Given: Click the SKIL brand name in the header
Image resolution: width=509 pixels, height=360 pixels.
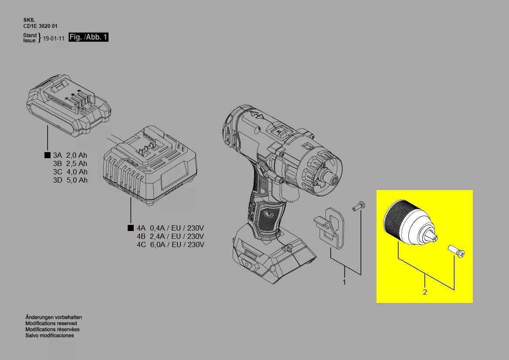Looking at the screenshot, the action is point(29,20).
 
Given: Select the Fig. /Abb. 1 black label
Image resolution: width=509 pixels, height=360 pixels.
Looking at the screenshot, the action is point(88,37).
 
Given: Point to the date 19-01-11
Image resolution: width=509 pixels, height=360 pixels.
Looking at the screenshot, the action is point(54,38).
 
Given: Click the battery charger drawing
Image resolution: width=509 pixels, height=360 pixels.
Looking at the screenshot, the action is point(150,165).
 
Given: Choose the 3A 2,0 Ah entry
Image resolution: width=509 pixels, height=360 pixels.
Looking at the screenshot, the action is point(70,155).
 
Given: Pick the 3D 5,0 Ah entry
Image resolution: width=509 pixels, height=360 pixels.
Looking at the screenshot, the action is point(70,180).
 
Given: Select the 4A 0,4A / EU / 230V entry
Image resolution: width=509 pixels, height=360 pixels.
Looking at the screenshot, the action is point(170,228).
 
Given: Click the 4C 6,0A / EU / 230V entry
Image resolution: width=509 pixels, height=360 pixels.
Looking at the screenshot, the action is point(170,245).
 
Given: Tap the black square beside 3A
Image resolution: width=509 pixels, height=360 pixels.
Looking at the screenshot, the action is point(48,155).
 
